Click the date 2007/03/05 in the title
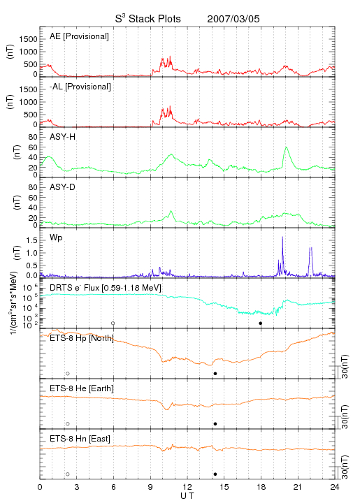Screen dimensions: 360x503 [x=233, y=19]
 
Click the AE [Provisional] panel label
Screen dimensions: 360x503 [x=79, y=36]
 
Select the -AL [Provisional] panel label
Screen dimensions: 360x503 [x=80, y=87]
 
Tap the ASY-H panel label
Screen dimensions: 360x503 [x=63, y=137]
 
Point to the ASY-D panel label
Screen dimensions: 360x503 [x=63, y=187]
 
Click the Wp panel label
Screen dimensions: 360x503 [x=56, y=238]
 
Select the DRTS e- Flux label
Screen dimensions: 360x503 [x=106, y=288]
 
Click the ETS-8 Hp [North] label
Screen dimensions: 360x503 [x=82, y=338]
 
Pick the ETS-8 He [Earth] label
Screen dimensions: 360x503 [x=82, y=388]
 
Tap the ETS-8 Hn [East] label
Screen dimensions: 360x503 [x=80, y=439]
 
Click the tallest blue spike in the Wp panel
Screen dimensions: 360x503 [x=282, y=237]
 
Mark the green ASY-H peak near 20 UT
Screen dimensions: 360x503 [x=286, y=147]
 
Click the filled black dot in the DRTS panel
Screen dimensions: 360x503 [x=261, y=323]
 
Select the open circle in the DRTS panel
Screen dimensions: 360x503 [x=113, y=323]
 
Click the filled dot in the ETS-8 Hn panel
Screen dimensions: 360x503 [x=215, y=474]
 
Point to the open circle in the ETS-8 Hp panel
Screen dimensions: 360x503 [x=68, y=373]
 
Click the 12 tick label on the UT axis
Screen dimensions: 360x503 [x=187, y=487]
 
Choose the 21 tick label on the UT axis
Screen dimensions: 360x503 [x=298, y=487]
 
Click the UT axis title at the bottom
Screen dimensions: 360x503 [x=187, y=495]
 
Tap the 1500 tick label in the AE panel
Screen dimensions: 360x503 [x=28, y=39]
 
